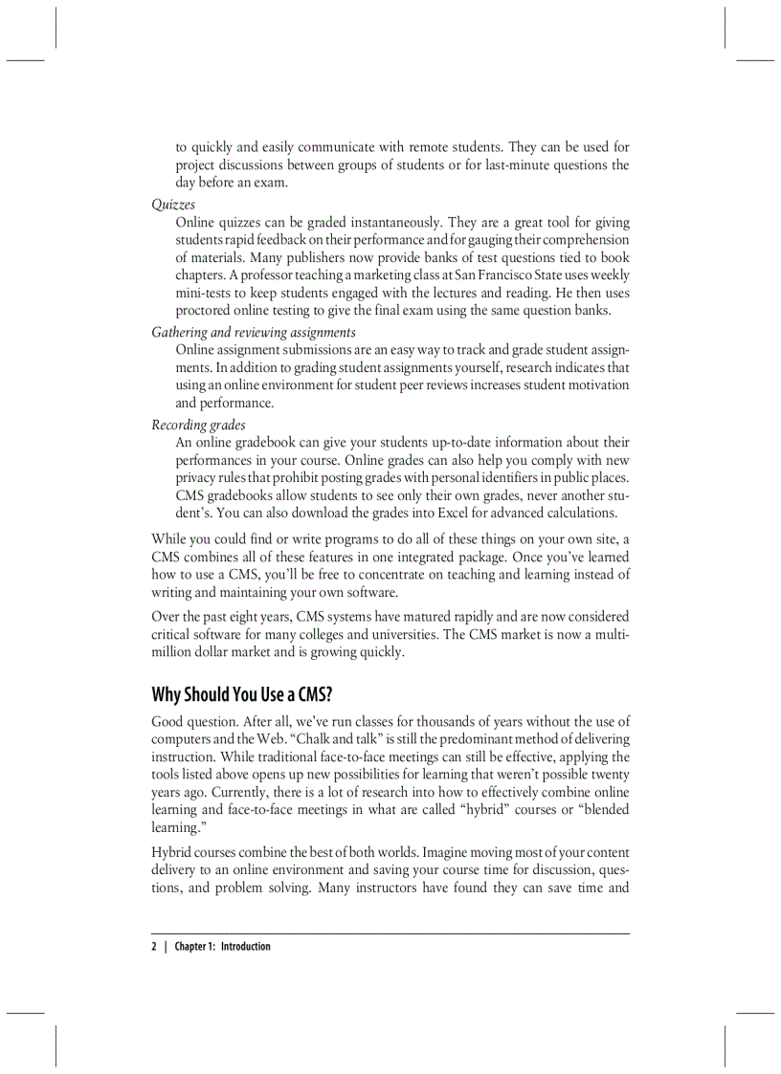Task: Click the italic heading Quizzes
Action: (x=173, y=204)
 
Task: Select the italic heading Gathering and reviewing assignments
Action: (x=254, y=332)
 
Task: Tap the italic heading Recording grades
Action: (x=198, y=425)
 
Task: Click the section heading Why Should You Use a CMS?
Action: (x=242, y=693)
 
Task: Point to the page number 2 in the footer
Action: (x=154, y=947)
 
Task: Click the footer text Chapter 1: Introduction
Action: (x=222, y=947)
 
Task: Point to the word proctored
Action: (x=205, y=310)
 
